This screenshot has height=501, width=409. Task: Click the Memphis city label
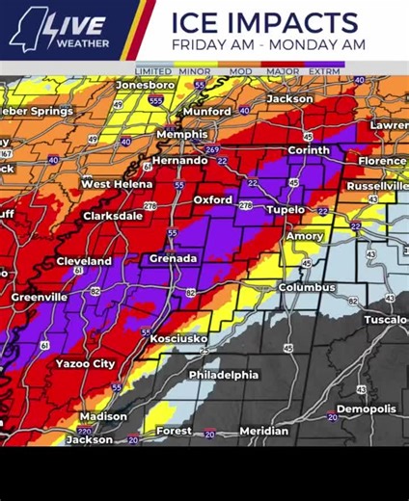click(x=182, y=135)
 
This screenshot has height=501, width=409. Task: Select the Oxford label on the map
click(x=212, y=199)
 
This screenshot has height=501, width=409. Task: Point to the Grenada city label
click(x=174, y=258)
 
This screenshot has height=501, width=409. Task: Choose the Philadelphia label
click(x=223, y=375)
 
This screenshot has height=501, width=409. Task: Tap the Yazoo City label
click(x=85, y=363)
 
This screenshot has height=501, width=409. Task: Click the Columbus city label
click(x=307, y=287)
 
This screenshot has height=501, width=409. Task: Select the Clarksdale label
click(x=113, y=217)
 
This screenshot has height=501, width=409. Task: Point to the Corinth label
click(x=308, y=150)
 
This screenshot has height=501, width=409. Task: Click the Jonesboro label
click(x=145, y=85)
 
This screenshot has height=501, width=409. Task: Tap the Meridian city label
click(x=263, y=431)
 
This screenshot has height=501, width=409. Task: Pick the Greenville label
click(x=40, y=298)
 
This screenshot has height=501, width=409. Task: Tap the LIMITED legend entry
click(x=153, y=71)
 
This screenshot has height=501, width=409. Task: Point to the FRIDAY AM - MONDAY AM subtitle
click(x=267, y=44)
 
